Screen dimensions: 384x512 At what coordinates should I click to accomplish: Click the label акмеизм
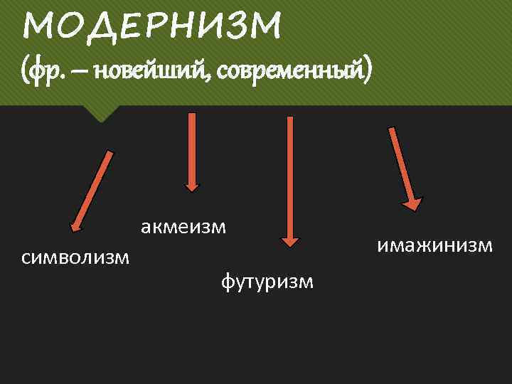(x=183, y=227)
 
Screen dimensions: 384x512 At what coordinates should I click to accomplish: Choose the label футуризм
(x=267, y=282)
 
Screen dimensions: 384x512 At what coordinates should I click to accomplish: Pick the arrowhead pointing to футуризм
(x=289, y=240)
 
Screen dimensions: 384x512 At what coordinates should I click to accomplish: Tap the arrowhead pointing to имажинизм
(x=412, y=203)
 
